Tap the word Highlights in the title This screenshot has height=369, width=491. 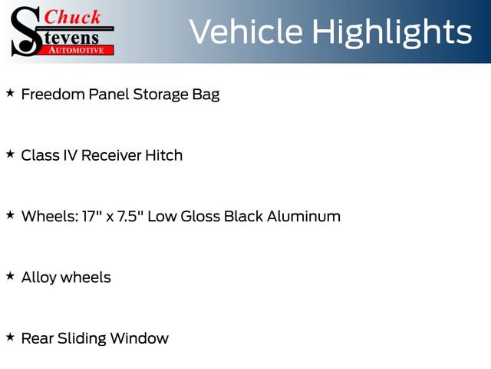coord(392,32)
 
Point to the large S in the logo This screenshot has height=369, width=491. coord(27,31)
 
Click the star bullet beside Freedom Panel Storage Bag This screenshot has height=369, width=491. coord(10,93)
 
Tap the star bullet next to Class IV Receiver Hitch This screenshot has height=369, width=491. coord(10,154)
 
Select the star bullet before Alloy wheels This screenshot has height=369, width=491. coord(10,275)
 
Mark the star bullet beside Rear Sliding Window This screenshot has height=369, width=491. coord(10,336)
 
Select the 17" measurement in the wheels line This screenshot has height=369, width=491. coord(91,216)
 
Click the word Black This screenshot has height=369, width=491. coord(243,216)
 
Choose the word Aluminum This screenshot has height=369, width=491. coord(304,216)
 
